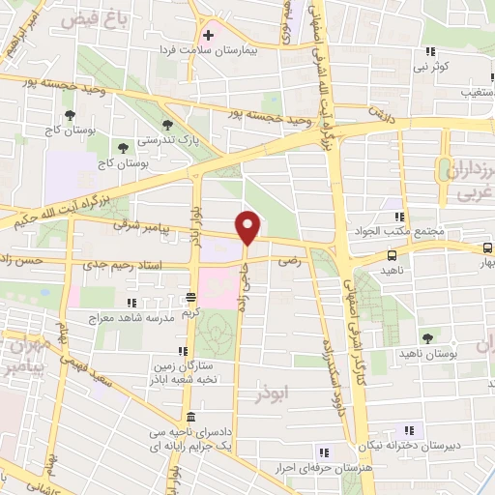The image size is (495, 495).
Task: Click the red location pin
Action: (x=248, y=226)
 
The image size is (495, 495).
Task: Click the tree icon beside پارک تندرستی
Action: (x=168, y=125)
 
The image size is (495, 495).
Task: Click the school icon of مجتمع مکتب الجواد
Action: (x=399, y=217)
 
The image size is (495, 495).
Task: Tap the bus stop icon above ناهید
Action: (x=391, y=255)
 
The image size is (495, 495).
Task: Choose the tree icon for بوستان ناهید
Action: (x=427, y=337)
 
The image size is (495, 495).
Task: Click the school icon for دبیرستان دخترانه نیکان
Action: (x=401, y=430)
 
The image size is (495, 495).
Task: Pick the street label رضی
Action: (x=287, y=261)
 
